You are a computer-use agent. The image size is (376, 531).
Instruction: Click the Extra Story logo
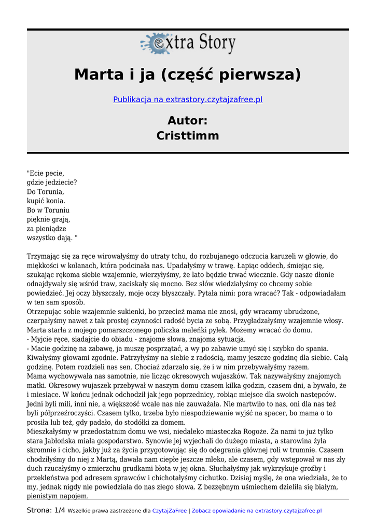point(188,43)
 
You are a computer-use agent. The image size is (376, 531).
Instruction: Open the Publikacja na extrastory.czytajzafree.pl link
point(188,99)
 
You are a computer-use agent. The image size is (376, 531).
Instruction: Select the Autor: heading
point(188,120)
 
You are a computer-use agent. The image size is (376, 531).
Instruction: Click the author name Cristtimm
point(188,136)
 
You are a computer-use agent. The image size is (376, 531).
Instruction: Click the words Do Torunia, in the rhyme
point(45,192)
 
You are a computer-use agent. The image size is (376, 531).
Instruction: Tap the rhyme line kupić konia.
point(46,201)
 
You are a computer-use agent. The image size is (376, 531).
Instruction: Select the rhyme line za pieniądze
point(46,228)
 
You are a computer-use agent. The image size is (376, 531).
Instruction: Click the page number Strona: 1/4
point(46,511)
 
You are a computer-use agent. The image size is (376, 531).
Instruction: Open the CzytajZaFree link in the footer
point(170,511)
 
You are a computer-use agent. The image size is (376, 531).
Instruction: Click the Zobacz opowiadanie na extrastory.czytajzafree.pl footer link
point(257,511)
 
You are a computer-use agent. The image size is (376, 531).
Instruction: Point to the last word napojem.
point(75,496)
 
